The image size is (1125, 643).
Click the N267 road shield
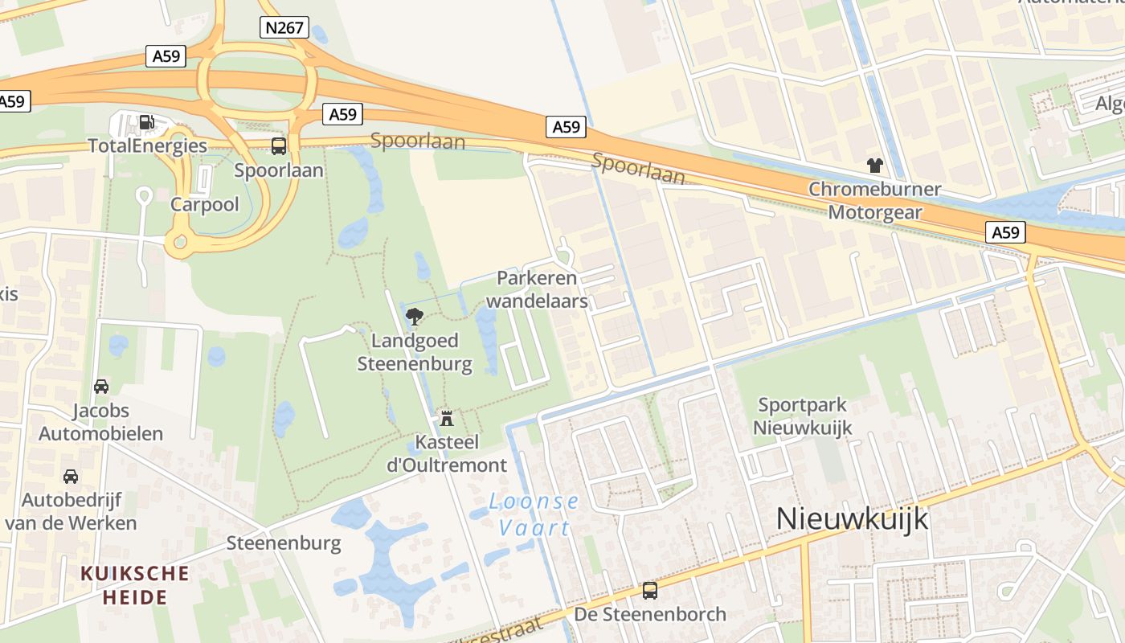coord(284,28)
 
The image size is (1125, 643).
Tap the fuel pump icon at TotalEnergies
coord(147,122)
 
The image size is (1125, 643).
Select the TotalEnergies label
coord(147,145)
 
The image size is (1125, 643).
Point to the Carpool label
coord(205,204)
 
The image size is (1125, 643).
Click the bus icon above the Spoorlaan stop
coord(279,146)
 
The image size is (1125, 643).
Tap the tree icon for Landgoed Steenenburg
coord(415,316)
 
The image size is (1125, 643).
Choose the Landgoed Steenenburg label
coord(415,352)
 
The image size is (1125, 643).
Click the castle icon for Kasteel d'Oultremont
coord(447,418)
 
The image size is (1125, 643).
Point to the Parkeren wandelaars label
coord(538,289)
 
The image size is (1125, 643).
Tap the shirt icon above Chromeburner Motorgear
coord(874,166)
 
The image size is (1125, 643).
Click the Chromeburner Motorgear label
coord(874,201)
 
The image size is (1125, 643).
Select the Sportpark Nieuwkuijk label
coord(802,416)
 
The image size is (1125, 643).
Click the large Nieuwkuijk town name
coord(852,519)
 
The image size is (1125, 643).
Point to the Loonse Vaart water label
coord(534,514)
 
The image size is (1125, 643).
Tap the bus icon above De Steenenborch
coord(650,591)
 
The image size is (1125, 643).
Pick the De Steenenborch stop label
coord(650,615)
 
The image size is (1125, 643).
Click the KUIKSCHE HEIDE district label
coord(135,585)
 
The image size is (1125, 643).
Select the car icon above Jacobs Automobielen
coord(101,387)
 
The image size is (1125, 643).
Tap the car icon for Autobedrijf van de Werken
coord(71,476)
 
